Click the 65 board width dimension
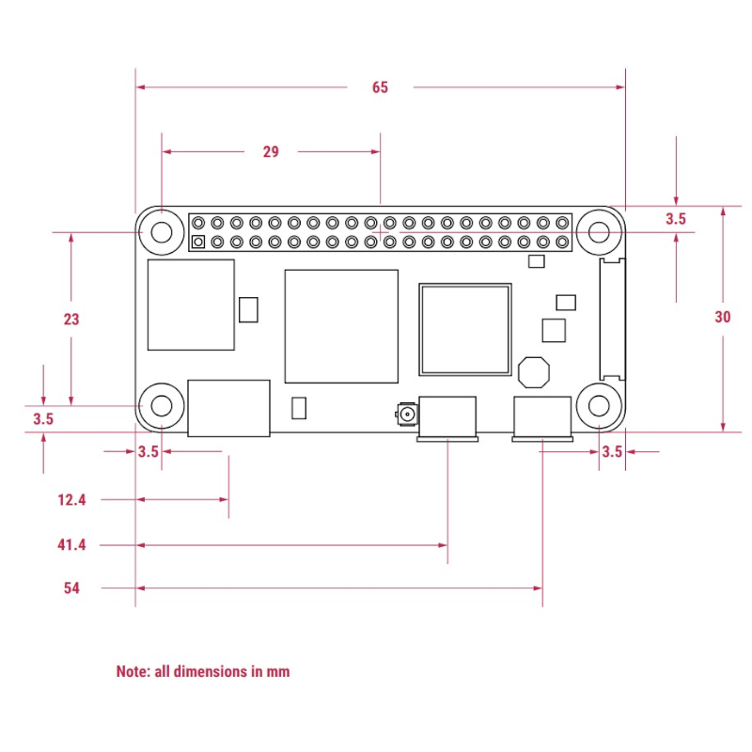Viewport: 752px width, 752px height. point(380,87)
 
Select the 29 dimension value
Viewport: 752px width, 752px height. point(271,151)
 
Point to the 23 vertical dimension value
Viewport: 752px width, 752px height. point(71,319)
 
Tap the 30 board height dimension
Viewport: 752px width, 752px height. point(722,318)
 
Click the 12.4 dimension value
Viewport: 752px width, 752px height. point(71,500)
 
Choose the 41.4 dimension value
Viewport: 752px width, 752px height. point(71,544)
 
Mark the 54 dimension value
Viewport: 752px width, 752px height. point(71,588)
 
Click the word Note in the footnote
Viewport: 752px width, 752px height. point(132,671)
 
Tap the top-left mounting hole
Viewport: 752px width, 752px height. point(161,231)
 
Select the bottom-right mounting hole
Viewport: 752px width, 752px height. point(600,406)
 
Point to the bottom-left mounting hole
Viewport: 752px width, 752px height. point(161,406)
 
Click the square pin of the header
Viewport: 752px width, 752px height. point(197,243)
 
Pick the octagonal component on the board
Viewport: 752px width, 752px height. point(534,371)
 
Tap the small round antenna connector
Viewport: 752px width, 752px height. point(407,413)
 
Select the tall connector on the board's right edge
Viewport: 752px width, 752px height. point(611,319)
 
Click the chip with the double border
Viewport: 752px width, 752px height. point(465,329)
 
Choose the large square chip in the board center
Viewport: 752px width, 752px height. point(341,326)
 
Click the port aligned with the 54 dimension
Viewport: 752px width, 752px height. point(542,418)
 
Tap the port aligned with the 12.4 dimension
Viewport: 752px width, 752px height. point(228,408)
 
